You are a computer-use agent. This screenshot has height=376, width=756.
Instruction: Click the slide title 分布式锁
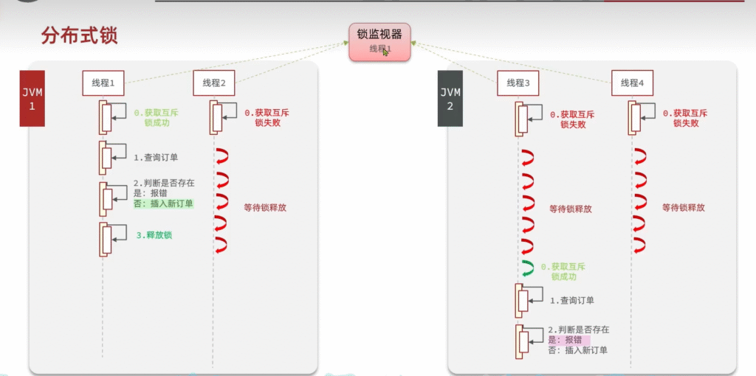(x=80, y=35)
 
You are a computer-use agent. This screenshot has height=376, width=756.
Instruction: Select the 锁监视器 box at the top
(x=379, y=41)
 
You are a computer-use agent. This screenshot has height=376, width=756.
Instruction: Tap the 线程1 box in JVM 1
(x=103, y=83)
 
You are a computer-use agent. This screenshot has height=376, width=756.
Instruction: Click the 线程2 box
(x=214, y=83)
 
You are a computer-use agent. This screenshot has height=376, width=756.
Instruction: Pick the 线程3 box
(x=518, y=83)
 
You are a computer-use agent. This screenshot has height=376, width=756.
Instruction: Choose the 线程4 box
(x=632, y=83)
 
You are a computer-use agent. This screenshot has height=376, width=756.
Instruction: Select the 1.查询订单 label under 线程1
(x=157, y=157)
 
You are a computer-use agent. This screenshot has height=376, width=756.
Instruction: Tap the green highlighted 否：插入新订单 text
(x=163, y=203)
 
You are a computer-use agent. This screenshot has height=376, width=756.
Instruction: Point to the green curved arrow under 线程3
(x=527, y=267)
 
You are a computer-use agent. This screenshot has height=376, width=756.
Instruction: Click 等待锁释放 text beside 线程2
(x=264, y=208)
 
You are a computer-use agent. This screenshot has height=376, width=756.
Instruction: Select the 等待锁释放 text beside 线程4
(x=683, y=208)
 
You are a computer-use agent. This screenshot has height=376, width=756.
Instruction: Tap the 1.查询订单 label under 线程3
(x=571, y=300)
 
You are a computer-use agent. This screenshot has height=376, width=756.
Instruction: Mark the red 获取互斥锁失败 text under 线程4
(x=685, y=119)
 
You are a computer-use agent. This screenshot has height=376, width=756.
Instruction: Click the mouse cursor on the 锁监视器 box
(x=385, y=52)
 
